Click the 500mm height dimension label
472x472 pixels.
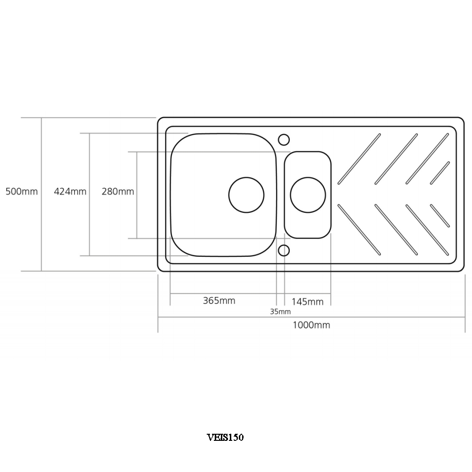[x=21, y=192]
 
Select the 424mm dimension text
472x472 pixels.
[x=70, y=192]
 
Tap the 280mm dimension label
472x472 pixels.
[x=118, y=192]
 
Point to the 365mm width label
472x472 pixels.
[x=219, y=301]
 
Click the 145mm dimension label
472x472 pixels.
[x=307, y=302]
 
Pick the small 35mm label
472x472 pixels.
[x=280, y=312]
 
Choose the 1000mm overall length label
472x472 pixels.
[x=311, y=325]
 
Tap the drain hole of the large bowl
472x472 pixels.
[x=246, y=194]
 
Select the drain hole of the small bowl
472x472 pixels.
[x=308, y=194]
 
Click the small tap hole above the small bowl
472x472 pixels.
[x=284, y=139]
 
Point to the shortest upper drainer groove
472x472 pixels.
[x=440, y=173]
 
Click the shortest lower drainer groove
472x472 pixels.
[x=440, y=215]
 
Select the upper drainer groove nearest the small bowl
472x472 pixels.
[x=360, y=159]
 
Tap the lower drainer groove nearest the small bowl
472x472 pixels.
[x=360, y=229]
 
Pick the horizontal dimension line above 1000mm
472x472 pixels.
[x=312, y=317]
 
